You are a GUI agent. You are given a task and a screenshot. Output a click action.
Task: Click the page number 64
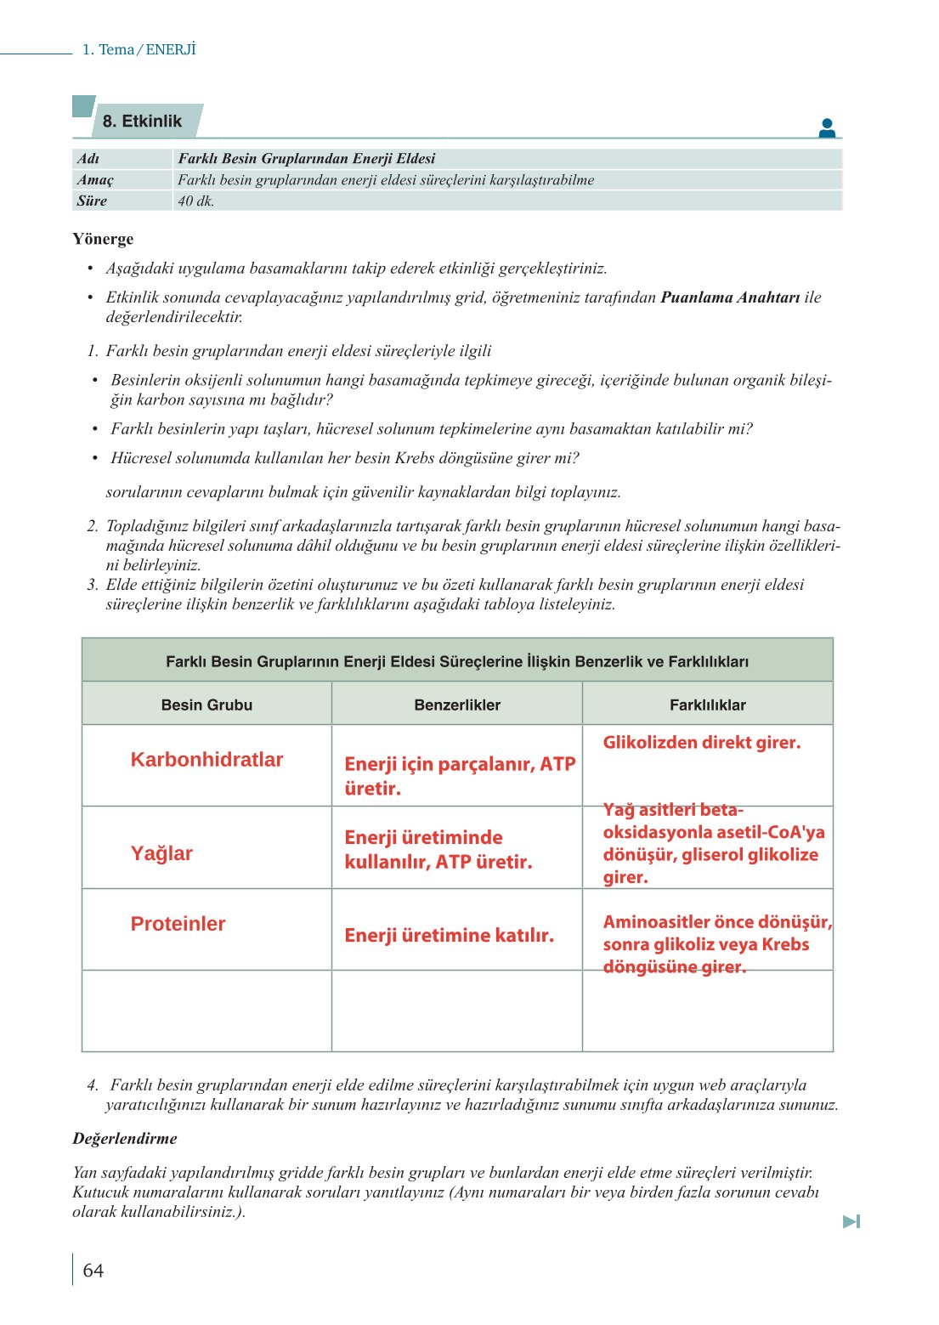[x=93, y=1271]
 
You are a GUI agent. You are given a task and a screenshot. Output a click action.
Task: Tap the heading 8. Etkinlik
[x=142, y=122]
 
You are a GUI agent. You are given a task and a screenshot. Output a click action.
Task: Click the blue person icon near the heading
[x=827, y=128]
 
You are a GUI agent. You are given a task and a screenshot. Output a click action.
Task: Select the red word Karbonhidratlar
[x=206, y=760]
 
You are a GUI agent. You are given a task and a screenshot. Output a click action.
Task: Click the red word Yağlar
[x=161, y=853]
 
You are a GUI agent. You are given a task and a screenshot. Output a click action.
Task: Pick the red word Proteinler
[x=178, y=924]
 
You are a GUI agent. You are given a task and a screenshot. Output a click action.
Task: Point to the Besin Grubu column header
[x=206, y=705]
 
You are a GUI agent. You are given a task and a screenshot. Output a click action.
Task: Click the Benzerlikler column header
[x=457, y=705]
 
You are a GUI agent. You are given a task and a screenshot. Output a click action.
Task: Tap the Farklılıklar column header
[x=707, y=705]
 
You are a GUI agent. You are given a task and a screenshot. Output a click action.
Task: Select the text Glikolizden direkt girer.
[x=701, y=743]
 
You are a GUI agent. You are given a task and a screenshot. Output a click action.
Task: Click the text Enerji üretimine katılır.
[x=449, y=936]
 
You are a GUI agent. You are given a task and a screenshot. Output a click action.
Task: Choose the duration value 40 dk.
[x=195, y=201]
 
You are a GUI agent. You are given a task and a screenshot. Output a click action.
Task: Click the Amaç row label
[x=95, y=180]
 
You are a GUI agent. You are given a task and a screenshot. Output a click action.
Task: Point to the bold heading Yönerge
[x=103, y=239]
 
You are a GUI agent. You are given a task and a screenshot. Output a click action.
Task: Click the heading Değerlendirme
[x=125, y=1139]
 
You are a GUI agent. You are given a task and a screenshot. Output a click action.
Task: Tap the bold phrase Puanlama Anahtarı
[x=730, y=297]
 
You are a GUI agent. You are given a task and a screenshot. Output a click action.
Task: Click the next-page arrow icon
[x=851, y=1221]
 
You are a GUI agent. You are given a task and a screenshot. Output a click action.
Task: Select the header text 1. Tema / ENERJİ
[x=139, y=49]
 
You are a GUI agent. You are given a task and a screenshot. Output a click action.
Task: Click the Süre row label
[x=92, y=201]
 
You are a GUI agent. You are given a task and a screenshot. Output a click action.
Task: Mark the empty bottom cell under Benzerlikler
[x=457, y=1011]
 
